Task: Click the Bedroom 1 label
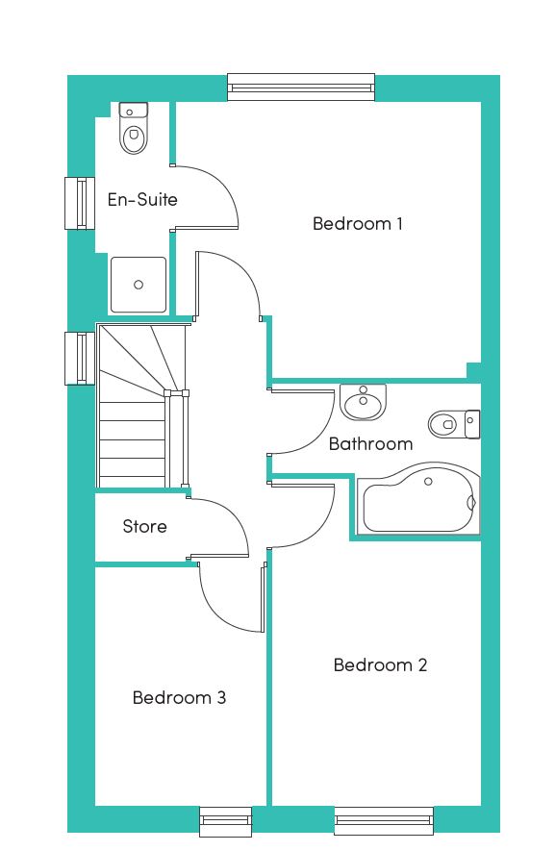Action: coord(357,223)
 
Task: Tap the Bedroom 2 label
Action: coord(380,664)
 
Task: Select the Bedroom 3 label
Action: coord(179,697)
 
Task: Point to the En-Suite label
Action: coord(142,199)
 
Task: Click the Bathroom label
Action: coord(371,444)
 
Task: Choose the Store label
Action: coord(144,526)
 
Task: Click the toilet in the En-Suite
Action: coord(133,128)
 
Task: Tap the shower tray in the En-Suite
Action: coord(139,285)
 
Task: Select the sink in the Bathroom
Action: coord(363,402)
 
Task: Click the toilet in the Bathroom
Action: coord(454,424)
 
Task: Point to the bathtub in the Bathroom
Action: coord(418,499)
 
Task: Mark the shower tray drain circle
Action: coord(139,285)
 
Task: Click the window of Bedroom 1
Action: coord(301,88)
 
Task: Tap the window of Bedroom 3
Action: coord(225,822)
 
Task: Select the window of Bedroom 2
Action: coord(384,820)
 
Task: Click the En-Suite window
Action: coord(80,203)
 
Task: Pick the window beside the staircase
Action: coord(80,359)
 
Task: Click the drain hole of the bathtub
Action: coord(428,482)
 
